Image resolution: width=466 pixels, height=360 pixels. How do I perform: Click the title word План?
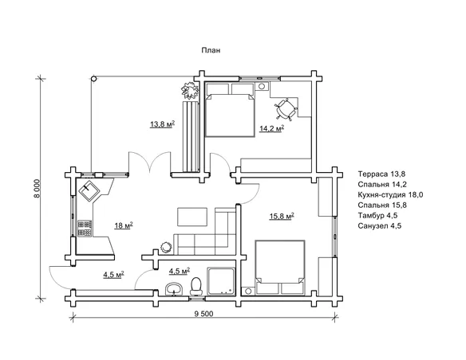(211, 50)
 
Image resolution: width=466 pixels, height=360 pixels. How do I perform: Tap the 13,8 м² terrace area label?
(162, 124)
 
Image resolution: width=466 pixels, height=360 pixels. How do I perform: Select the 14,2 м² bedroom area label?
(271, 128)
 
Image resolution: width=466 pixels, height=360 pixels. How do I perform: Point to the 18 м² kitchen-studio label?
(124, 225)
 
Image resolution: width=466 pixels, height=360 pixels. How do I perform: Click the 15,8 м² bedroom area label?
(282, 216)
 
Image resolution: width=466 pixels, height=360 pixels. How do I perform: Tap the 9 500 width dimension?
(204, 314)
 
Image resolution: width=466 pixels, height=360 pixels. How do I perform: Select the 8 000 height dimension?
(38, 189)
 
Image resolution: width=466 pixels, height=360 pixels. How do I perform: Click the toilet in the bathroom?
(195, 286)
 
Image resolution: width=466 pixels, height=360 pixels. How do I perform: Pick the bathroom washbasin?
(174, 289)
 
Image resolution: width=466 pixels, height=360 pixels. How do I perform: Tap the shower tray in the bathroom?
(221, 281)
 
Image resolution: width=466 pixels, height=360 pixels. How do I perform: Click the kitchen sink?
(89, 191)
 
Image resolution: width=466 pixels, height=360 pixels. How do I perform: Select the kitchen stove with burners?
(85, 229)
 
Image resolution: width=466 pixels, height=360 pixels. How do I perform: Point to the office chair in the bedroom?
(286, 109)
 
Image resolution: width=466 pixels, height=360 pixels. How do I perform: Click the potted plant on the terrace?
(190, 91)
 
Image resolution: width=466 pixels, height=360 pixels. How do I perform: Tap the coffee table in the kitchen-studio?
(192, 217)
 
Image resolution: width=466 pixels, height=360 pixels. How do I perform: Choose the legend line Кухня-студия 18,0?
(390, 195)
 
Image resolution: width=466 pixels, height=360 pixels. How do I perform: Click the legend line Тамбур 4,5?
(377, 216)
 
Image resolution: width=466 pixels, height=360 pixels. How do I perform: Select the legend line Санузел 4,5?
(380, 226)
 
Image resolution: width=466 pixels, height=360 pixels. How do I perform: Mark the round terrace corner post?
(93, 79)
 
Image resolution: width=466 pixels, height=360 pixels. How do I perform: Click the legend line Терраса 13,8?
(381, 174)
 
